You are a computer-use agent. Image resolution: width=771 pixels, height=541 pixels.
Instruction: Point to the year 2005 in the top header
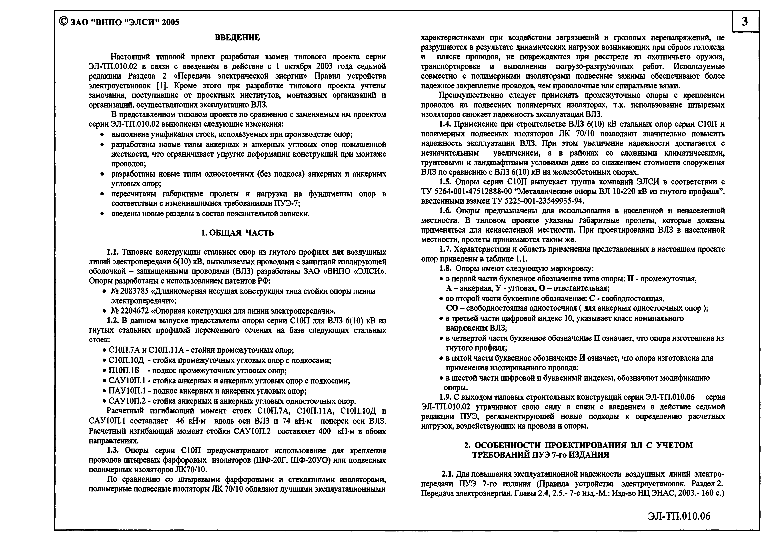point(170,22)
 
